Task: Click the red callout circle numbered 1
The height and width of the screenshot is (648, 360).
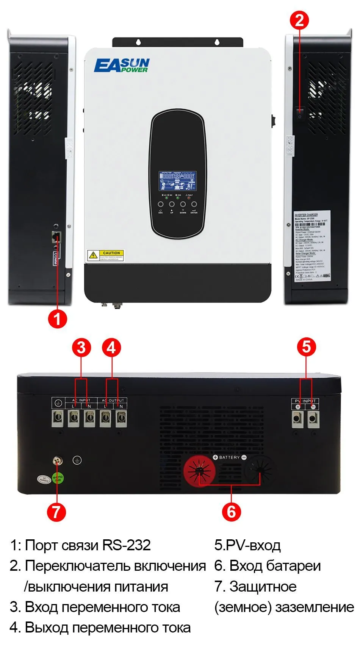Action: [x=57, y=319]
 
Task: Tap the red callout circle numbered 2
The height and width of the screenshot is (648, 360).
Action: [x=299, y=20]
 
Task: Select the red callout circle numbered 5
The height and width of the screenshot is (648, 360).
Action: [x=307, y=347]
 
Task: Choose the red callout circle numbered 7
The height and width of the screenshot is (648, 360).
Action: [x=56, y=512]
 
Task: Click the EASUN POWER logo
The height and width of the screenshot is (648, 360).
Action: [x=122, y=65]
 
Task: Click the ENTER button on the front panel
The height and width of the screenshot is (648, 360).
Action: [x=194, y=205]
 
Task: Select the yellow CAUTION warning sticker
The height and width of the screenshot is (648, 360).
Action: [x=105, y=255]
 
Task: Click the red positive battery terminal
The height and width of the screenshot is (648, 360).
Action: [x=199, y=471]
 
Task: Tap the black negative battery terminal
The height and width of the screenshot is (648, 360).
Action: [x=260, y=470]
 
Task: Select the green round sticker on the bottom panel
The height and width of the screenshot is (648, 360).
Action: [x=58, y=478]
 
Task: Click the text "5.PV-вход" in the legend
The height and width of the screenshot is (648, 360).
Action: [x=247, y=545]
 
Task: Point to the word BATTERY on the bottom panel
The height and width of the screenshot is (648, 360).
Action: [x=229, y=458]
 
